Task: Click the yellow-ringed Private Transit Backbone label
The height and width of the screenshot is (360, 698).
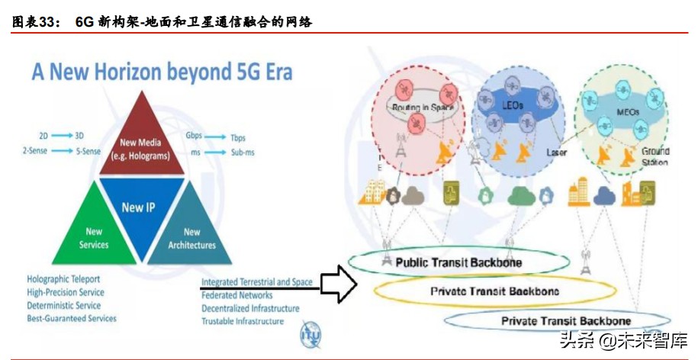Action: tap(494, 291)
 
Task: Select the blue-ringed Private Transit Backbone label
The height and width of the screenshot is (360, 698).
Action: tap(565, 321)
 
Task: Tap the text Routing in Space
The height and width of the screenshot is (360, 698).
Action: tap(423, 108)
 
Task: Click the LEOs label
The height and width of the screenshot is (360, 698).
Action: tap(513, 105)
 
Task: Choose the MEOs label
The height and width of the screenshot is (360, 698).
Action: tap(627, 111)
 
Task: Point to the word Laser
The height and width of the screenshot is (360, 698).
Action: tap(557, 153)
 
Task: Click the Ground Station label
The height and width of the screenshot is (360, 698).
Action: tap(655, 156)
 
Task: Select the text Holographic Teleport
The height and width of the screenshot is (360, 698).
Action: tap(63, 279)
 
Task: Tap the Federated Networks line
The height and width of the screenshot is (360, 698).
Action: tap(236, 295)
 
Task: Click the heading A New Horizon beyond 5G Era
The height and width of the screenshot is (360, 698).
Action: tap(162, 72)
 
